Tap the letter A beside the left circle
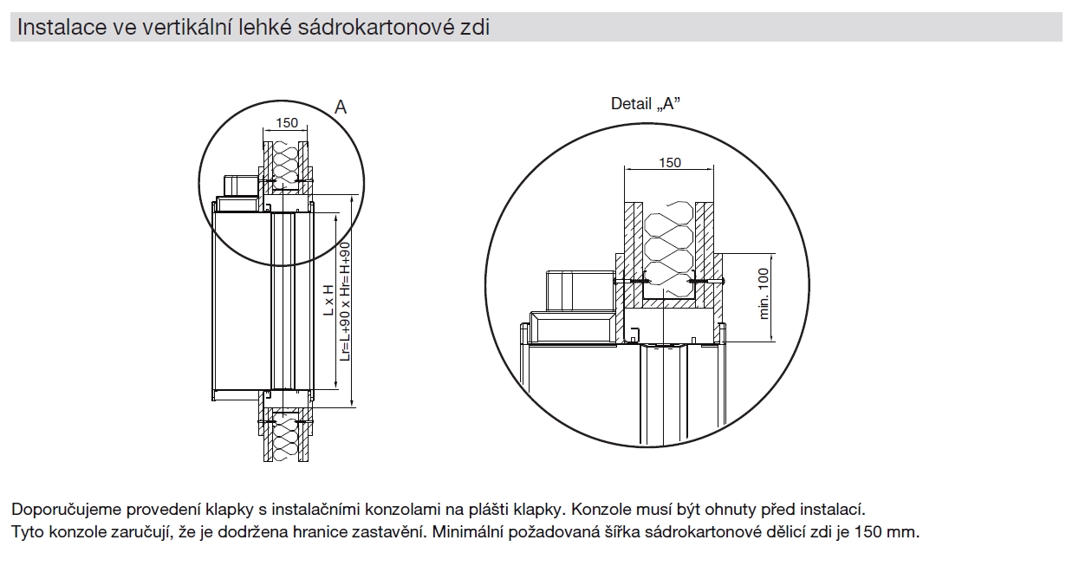click(341, 107)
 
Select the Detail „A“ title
click(645, 104)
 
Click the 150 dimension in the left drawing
click(286, 123)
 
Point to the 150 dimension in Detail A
click(670, 162)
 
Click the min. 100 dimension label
click(764, 293)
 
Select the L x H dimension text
click(328, 300)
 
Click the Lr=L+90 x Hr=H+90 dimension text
click(344, 300)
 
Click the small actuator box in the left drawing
click(240, 185)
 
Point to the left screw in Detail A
click(630, 282)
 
